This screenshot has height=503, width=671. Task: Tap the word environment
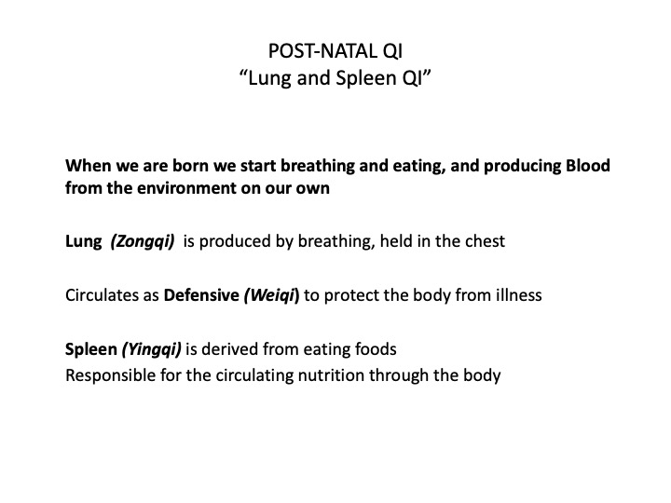coord(188,188)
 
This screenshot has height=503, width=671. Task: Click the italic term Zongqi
coord(143,241)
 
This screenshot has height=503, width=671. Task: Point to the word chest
coord(485,241)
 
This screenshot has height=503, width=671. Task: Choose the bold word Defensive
coord(201,295)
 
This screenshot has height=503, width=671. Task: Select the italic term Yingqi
coord(152,350)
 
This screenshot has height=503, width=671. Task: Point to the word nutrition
coord(331,375)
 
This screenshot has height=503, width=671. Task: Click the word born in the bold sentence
coord(190,166)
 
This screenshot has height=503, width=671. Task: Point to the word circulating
coord(254,376)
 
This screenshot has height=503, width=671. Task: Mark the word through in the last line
coord(399,376)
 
